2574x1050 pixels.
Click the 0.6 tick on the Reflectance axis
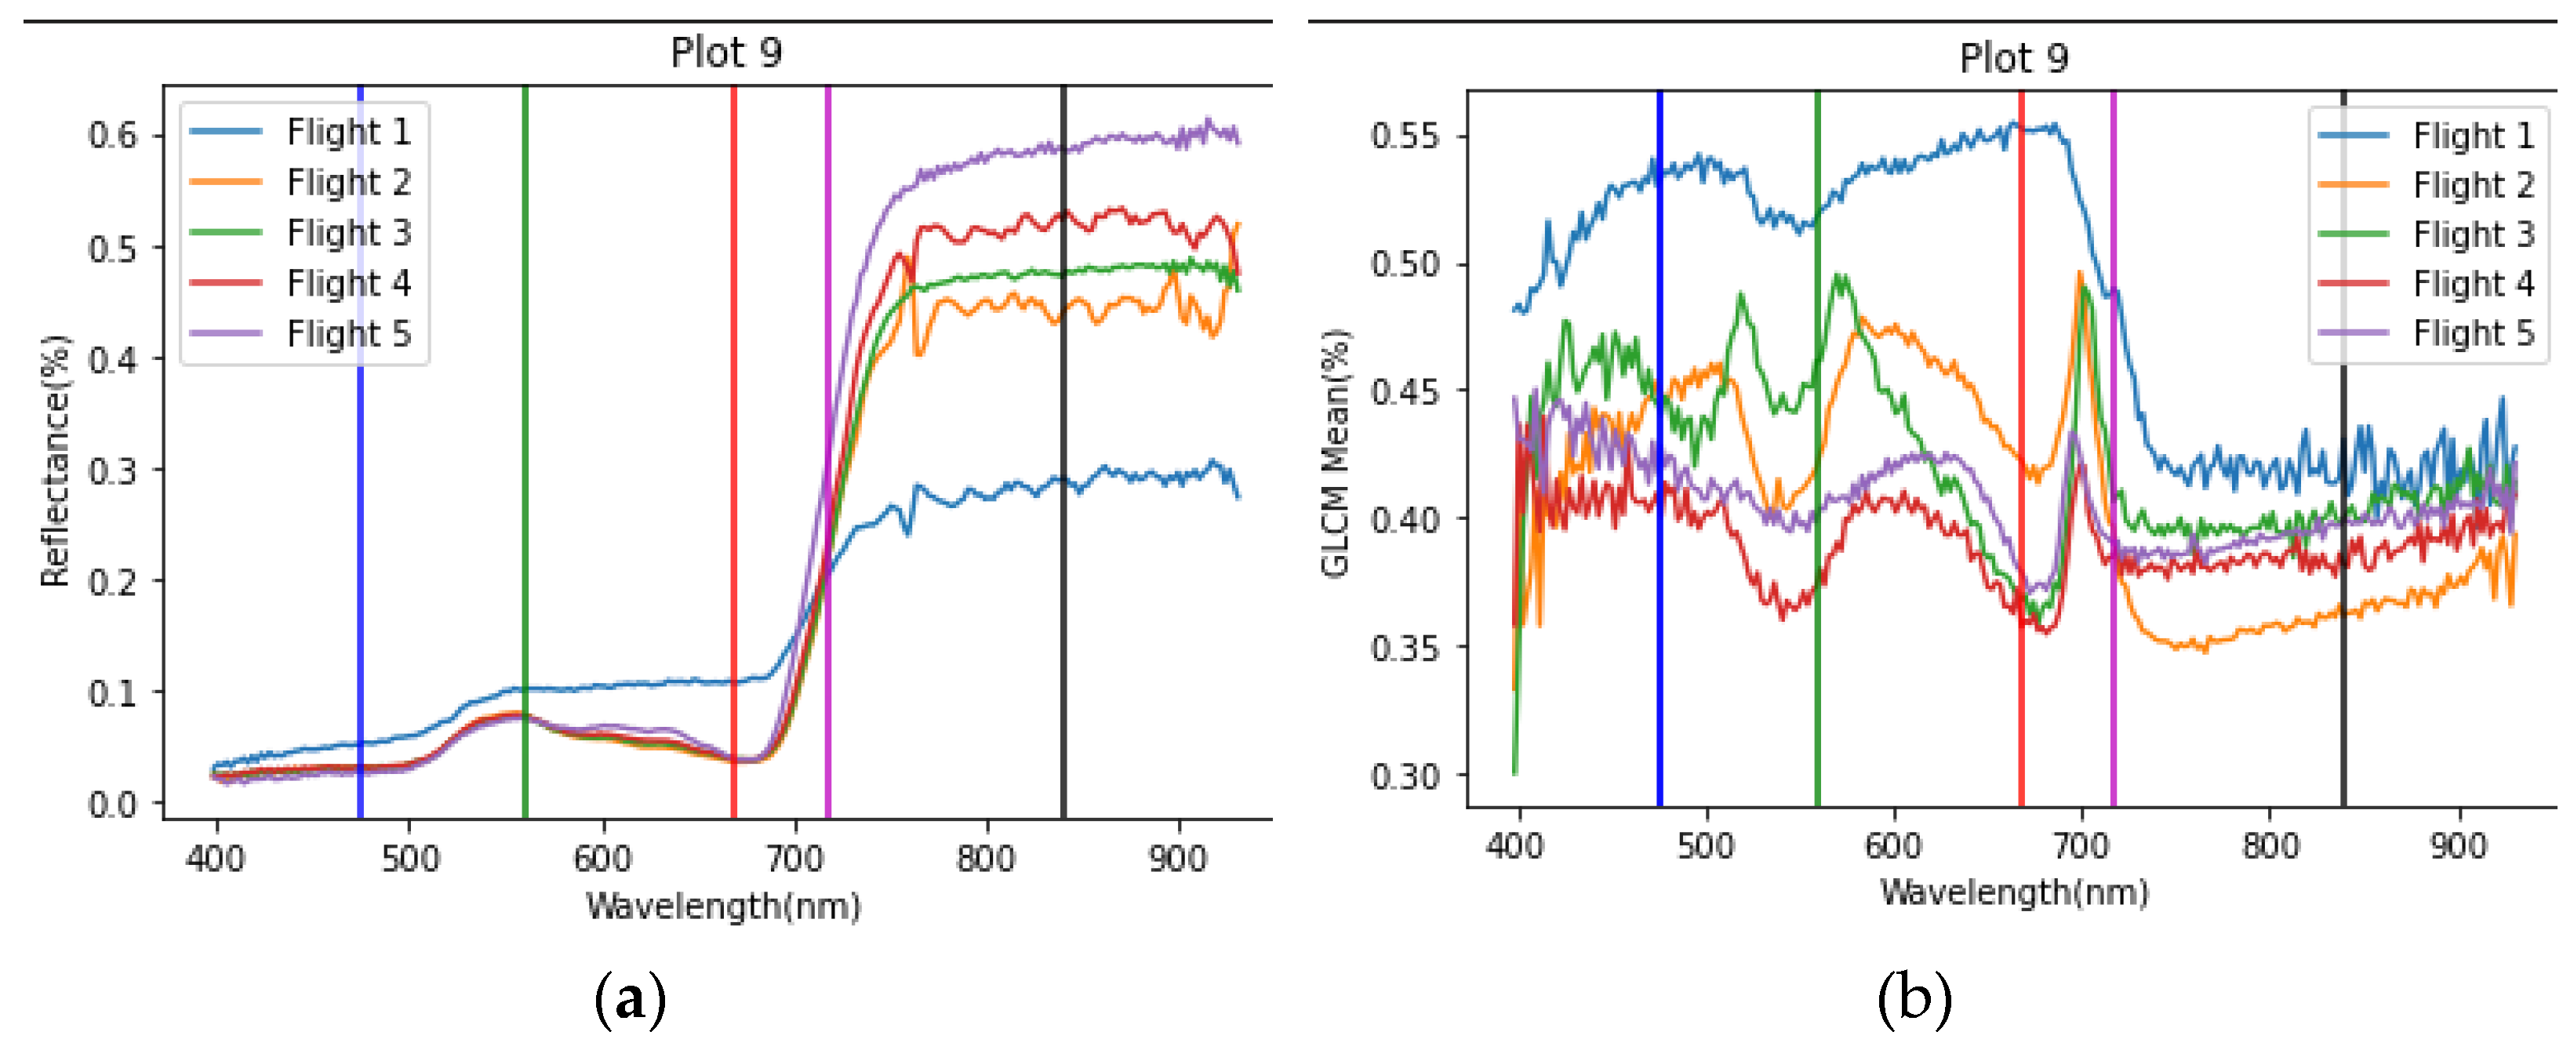[112, 135]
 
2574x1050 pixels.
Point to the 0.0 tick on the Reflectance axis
[112, 805]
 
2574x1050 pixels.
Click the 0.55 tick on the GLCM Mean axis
[1405, 135]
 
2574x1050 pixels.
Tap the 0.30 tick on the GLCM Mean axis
[1405, 776]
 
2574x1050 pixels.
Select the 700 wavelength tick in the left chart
[795, 857]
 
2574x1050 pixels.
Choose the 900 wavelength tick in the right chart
[2458, 845]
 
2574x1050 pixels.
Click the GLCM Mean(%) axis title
[1336, 452]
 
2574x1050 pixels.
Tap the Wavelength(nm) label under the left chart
[723, 906]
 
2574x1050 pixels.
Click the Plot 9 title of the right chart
[2012, 58]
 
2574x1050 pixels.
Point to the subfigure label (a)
[630, 999]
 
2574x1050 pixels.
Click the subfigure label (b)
[1914, 999]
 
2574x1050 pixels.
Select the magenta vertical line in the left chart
[828, 300]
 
